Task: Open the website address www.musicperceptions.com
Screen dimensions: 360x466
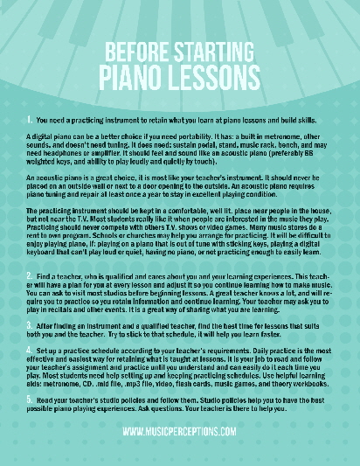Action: (x=180, y=432)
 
